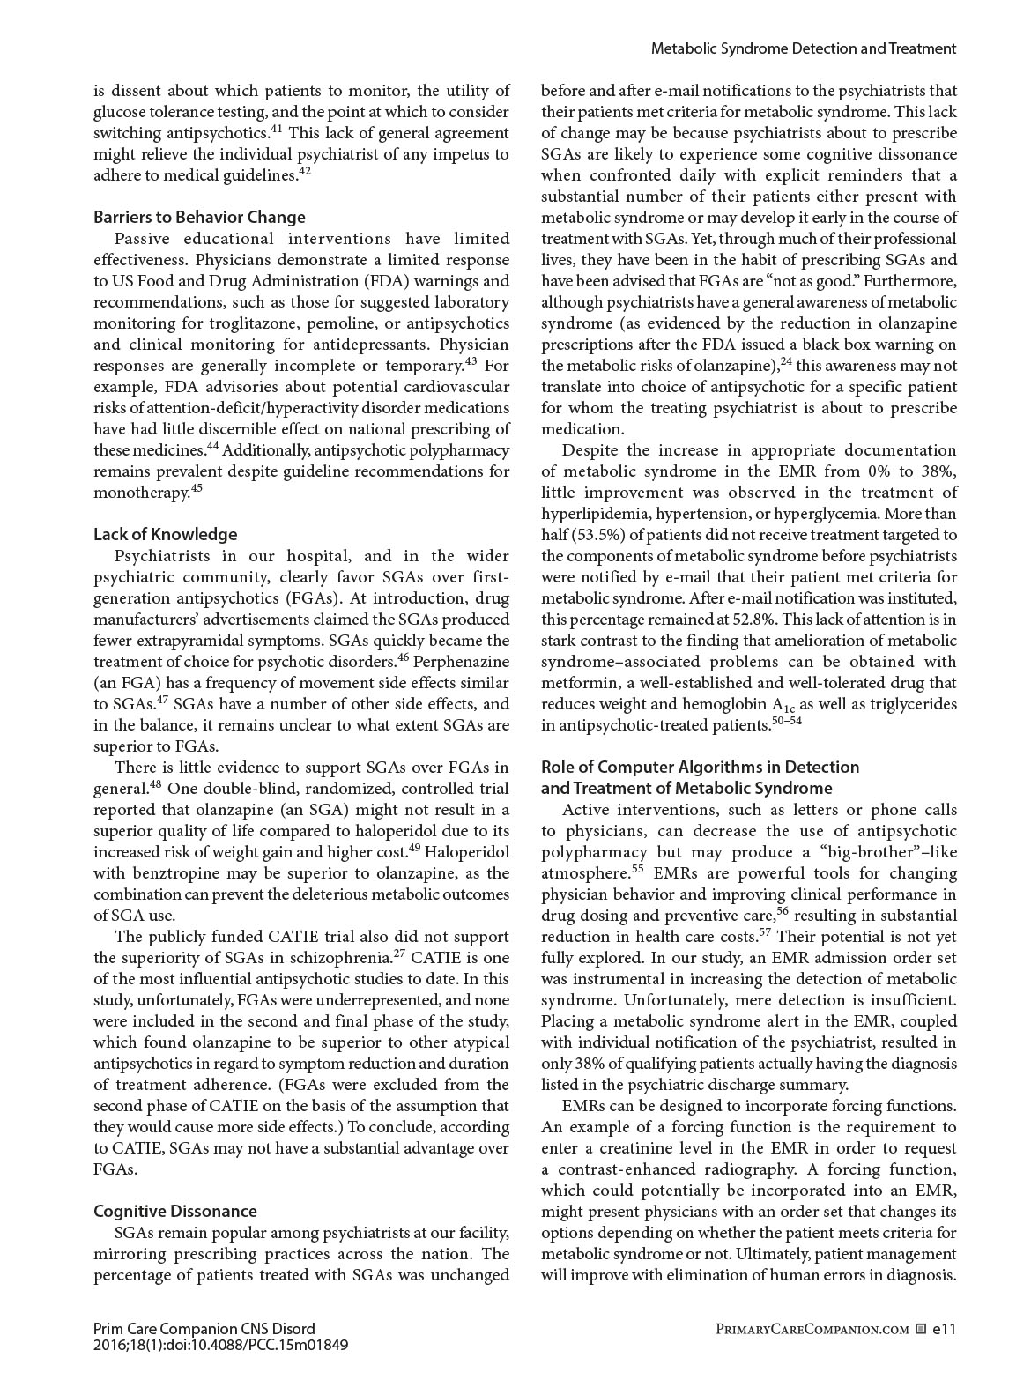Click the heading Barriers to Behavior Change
(199, 217)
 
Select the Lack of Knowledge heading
(166, 534)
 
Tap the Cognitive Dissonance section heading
(175, 1211)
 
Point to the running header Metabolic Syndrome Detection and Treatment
(803, 48)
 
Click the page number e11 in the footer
(944, 1329)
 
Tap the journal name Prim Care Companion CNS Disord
(204, 1329)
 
